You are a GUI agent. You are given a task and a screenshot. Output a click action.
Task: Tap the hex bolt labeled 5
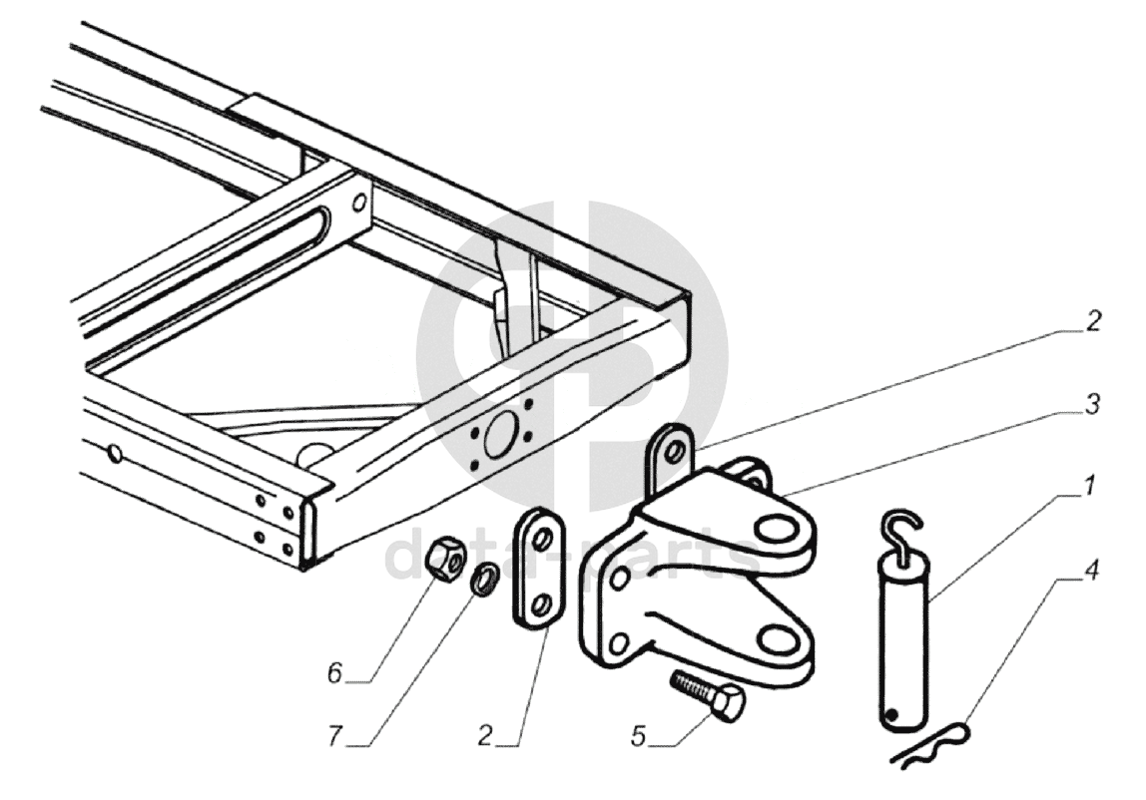click(711, 694)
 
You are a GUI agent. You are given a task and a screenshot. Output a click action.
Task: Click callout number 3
click(1094, 404)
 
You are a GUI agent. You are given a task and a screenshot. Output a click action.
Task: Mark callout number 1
click(1090, 487)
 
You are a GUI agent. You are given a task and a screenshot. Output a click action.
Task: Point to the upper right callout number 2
click(1093, 321)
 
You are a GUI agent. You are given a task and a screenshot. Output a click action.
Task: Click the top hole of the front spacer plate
click(540, 539)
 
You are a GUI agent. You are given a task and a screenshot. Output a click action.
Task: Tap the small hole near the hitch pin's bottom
click(897, 714)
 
